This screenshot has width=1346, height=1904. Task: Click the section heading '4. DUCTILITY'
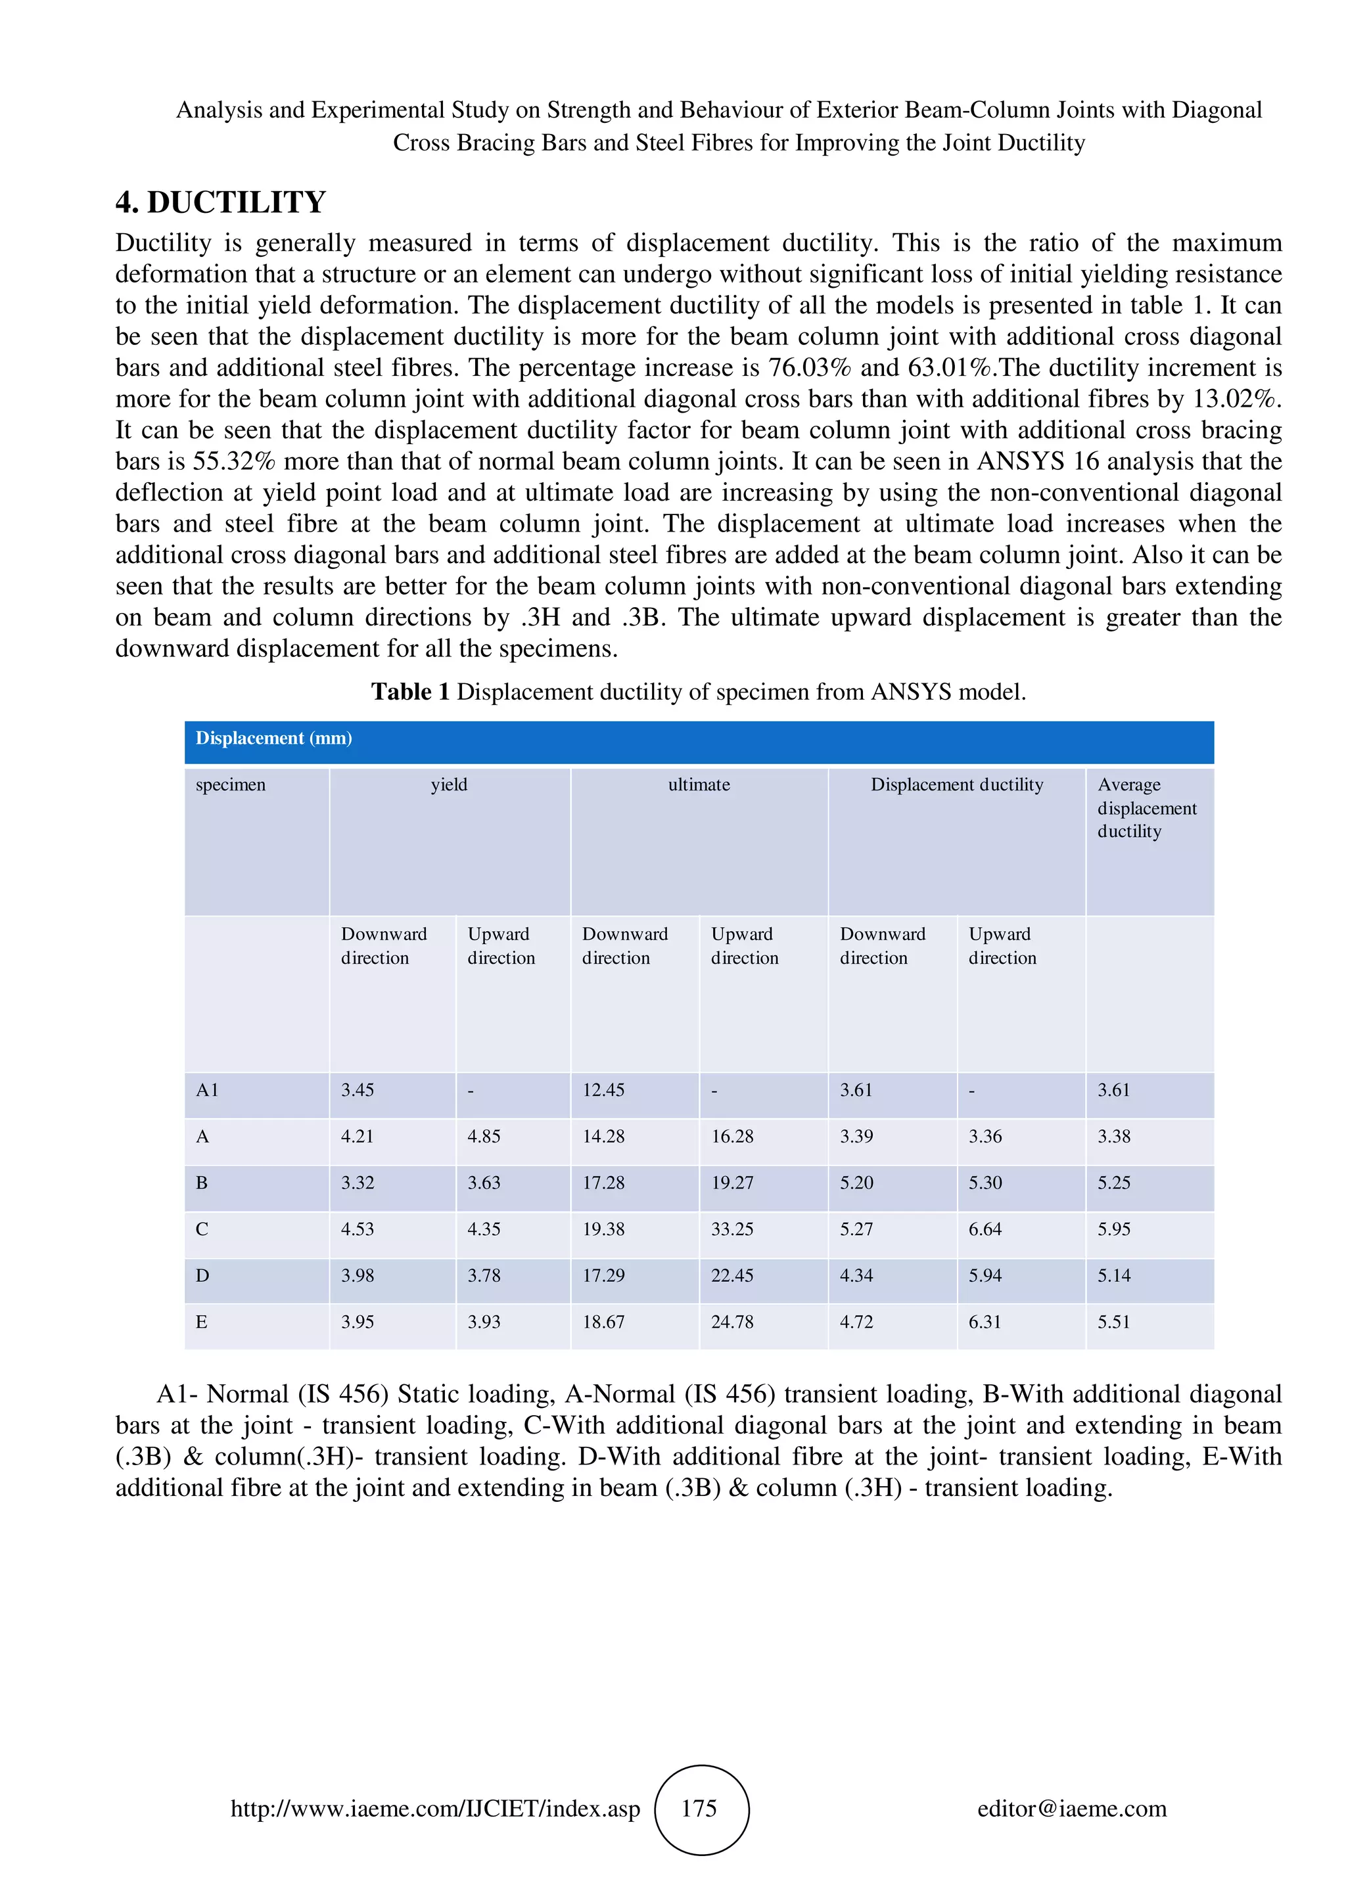[x=221, y=202]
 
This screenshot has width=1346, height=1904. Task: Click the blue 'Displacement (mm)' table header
[x=273, y=738]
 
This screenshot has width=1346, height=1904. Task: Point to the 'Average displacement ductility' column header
[x=1147, y=807]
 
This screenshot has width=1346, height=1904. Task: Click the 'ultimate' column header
[x=699, y=784]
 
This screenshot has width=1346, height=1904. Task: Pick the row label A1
[x=207, y=1090]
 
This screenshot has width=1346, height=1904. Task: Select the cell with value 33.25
[x=732, y=1229]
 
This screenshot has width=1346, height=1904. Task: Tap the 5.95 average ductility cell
[x=1114, y=1229]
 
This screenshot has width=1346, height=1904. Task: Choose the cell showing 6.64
[x=985, y=1229]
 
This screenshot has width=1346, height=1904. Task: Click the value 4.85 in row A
[x=484, y=1136]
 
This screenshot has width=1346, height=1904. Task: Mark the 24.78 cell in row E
[x=732, y=1322]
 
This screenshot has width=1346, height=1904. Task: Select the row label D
[x=202, y=1275]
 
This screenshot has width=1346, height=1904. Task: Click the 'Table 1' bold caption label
[x=409, y=692]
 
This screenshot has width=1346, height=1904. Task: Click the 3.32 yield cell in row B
[x=358, y=1183]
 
